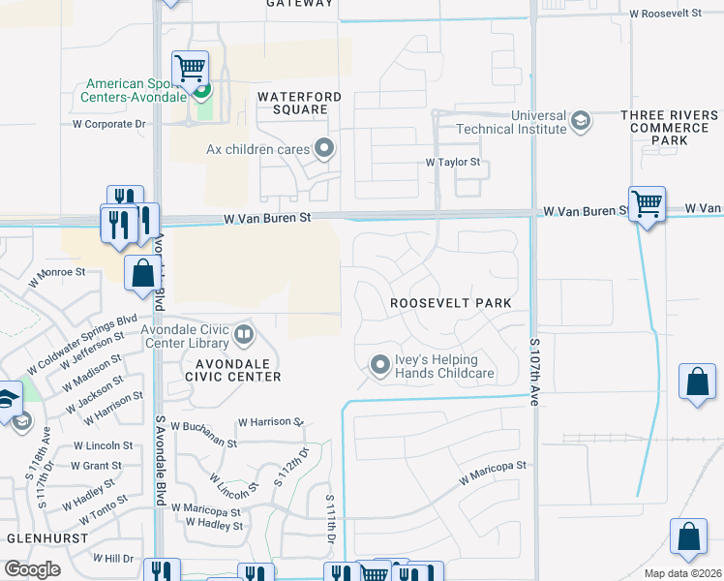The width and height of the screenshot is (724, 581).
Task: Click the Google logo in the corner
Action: [32, 569]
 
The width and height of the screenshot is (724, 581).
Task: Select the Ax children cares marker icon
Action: [324, 149]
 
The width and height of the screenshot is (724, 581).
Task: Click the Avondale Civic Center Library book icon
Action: [244, 336]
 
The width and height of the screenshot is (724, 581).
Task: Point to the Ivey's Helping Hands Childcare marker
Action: [380, 365]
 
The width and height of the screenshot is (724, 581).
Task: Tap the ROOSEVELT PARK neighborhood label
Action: [450, 303]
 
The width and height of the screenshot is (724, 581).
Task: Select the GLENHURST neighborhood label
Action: [40, 536]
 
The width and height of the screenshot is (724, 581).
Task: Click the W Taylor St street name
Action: [454, 164]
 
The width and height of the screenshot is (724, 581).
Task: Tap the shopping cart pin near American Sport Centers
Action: [191, 70]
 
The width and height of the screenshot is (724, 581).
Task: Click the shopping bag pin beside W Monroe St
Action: [142, 274]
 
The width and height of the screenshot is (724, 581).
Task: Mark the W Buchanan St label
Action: [203, 434]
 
